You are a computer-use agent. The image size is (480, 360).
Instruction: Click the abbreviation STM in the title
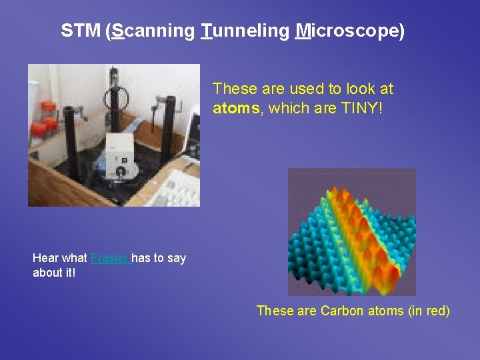(81, 31)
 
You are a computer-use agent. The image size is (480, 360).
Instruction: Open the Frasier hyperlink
(110, 258)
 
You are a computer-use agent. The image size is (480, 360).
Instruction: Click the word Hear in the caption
(45, 258)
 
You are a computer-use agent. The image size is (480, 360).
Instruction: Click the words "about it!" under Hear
(54, 273)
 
